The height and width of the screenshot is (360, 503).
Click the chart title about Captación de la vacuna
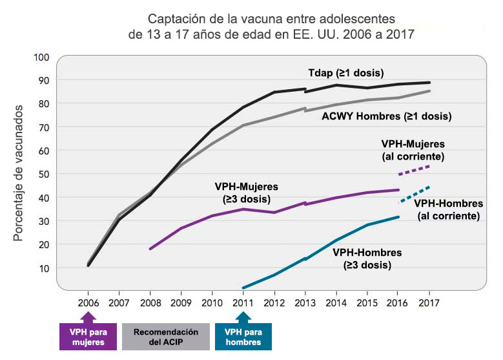point(271,26)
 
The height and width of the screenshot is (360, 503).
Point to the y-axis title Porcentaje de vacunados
point(19,173)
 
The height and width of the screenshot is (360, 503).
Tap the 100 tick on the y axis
point(42,57)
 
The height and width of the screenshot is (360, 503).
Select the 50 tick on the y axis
point(44,174)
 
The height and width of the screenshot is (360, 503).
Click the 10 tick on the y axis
point(44,268)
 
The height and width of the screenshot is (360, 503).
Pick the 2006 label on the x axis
point(88,302)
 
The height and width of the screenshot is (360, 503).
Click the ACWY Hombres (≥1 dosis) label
point(386,116)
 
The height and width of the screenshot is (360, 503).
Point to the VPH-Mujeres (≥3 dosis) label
point(242,192)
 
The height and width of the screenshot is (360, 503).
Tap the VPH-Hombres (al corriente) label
point(449,209)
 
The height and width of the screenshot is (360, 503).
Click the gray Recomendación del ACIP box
point(165,337)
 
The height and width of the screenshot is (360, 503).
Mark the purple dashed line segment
point(414,170)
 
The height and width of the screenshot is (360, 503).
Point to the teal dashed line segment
point(414,194)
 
